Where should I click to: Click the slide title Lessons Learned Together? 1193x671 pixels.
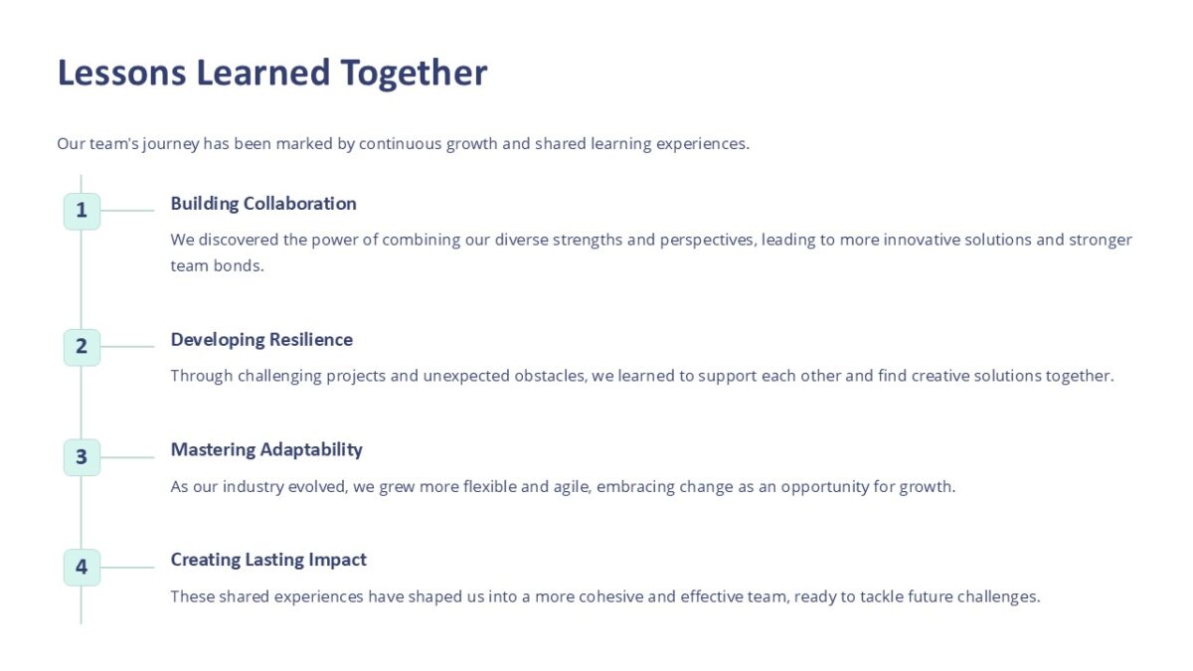[271, 74]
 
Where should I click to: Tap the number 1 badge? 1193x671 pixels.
[82, 211]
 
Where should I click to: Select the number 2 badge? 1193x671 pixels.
[82, 347]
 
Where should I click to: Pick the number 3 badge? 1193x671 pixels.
[82, 457]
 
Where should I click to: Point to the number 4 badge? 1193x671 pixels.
[82, 568]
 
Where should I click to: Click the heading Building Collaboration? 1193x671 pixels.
[263, 204]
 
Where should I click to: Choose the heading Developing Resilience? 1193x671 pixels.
[261, 340]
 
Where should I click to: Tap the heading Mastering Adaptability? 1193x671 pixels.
[266, 450]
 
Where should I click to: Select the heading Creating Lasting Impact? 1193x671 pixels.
[268, 561]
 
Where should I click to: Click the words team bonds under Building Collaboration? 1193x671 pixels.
[217, 266]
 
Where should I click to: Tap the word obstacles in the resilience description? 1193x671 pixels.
[545, 376]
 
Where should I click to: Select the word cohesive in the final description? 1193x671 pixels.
[608, 597]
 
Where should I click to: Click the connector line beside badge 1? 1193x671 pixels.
[127, 211]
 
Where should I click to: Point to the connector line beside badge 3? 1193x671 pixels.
[127, 457]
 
